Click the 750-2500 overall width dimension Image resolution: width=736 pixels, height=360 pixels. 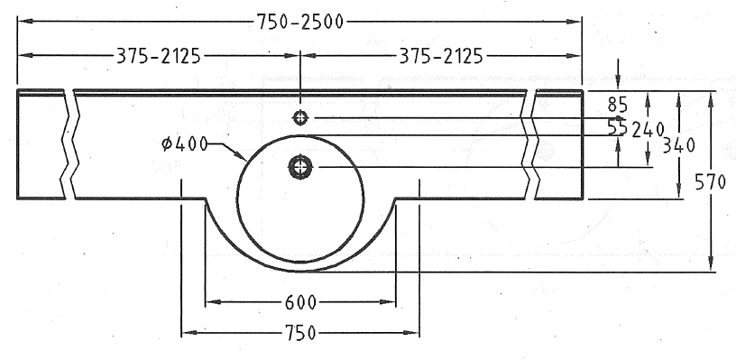click(300, 22)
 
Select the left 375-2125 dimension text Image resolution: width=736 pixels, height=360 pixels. click(158, 56)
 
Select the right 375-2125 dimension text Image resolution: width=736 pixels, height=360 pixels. click(441, 56)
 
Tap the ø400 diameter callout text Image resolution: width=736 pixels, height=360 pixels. click(184, 144)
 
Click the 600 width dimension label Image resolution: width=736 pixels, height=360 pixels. click(300, 302)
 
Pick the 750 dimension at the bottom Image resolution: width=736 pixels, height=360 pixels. click(300, 333)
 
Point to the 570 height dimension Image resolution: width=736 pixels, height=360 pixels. click(710, 182)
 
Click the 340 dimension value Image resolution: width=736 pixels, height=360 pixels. click(678, 146)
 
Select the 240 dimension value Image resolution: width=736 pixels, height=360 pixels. click(648, 130)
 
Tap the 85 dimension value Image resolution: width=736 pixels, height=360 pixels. click(618, 104)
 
